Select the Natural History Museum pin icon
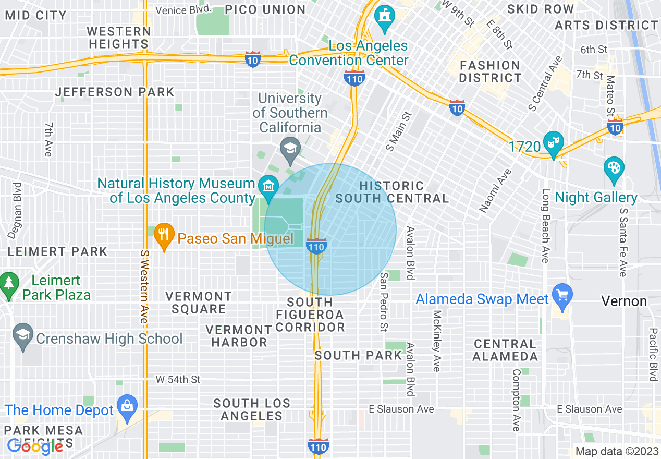[x=267, y=186]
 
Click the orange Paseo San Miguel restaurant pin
[x=164, y=234]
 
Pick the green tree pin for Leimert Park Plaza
[x=8, y=284]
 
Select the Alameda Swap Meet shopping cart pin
[x=562, y=295]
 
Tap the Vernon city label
[x=624, y=301]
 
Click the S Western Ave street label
[x=144, y=286]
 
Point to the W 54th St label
[x=177, y=380]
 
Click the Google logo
[x=34, y=446]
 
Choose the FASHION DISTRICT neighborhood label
[x=490, y=71]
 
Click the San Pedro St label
[x=384, y=301]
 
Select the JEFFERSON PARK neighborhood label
[x=115, y=92]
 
